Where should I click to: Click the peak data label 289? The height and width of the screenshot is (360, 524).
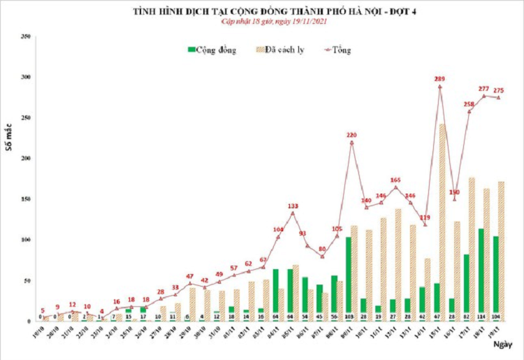(440, 79)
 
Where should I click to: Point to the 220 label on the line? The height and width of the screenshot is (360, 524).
(351, 135)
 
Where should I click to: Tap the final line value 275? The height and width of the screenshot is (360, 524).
(499, 90)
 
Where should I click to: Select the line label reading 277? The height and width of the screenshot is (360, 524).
(484, 89)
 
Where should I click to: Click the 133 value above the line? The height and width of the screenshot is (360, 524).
(293, 206)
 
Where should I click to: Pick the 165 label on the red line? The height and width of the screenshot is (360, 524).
(396, 180)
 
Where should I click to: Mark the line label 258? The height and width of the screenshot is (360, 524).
(469, 104)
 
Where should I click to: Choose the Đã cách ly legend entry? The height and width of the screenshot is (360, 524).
(286, 50)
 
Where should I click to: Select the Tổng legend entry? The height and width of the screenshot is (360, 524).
(342, 50)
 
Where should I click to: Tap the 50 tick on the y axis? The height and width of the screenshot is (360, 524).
(27, 281)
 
